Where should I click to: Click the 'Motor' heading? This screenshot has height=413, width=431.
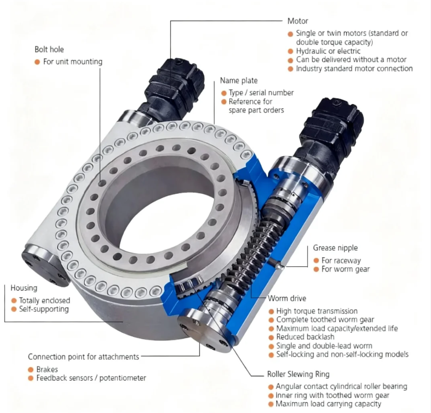pyautogui.click(x=297, y=22)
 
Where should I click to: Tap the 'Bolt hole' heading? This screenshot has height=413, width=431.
pyautogui.click(x=49, y=50)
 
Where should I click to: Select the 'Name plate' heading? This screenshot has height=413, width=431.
pyautogui.click(x=239, y=81)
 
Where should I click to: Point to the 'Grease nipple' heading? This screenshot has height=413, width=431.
pyautogui.click(x=335, y=248)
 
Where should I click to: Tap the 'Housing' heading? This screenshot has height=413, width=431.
pyautogui.click(x=24, y=288)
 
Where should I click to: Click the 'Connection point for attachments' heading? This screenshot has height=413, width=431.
pyautogui.click(x=83, y=357)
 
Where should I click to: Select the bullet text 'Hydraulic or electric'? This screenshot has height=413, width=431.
pyautogui.click(x=328, y=51)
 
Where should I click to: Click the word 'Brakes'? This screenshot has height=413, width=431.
pyautogui.click(x=47, y=369)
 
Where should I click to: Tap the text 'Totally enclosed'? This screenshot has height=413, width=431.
pyautogui.click(x=44, y=300)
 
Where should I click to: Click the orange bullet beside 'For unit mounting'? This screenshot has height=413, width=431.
pyautogui.click(x=37, y=62)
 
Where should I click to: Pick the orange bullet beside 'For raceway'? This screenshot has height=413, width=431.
pyautogui.click(x=315, y=260)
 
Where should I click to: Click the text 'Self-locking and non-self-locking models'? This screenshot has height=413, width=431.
pyautogui.click(x=342, y=354)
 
